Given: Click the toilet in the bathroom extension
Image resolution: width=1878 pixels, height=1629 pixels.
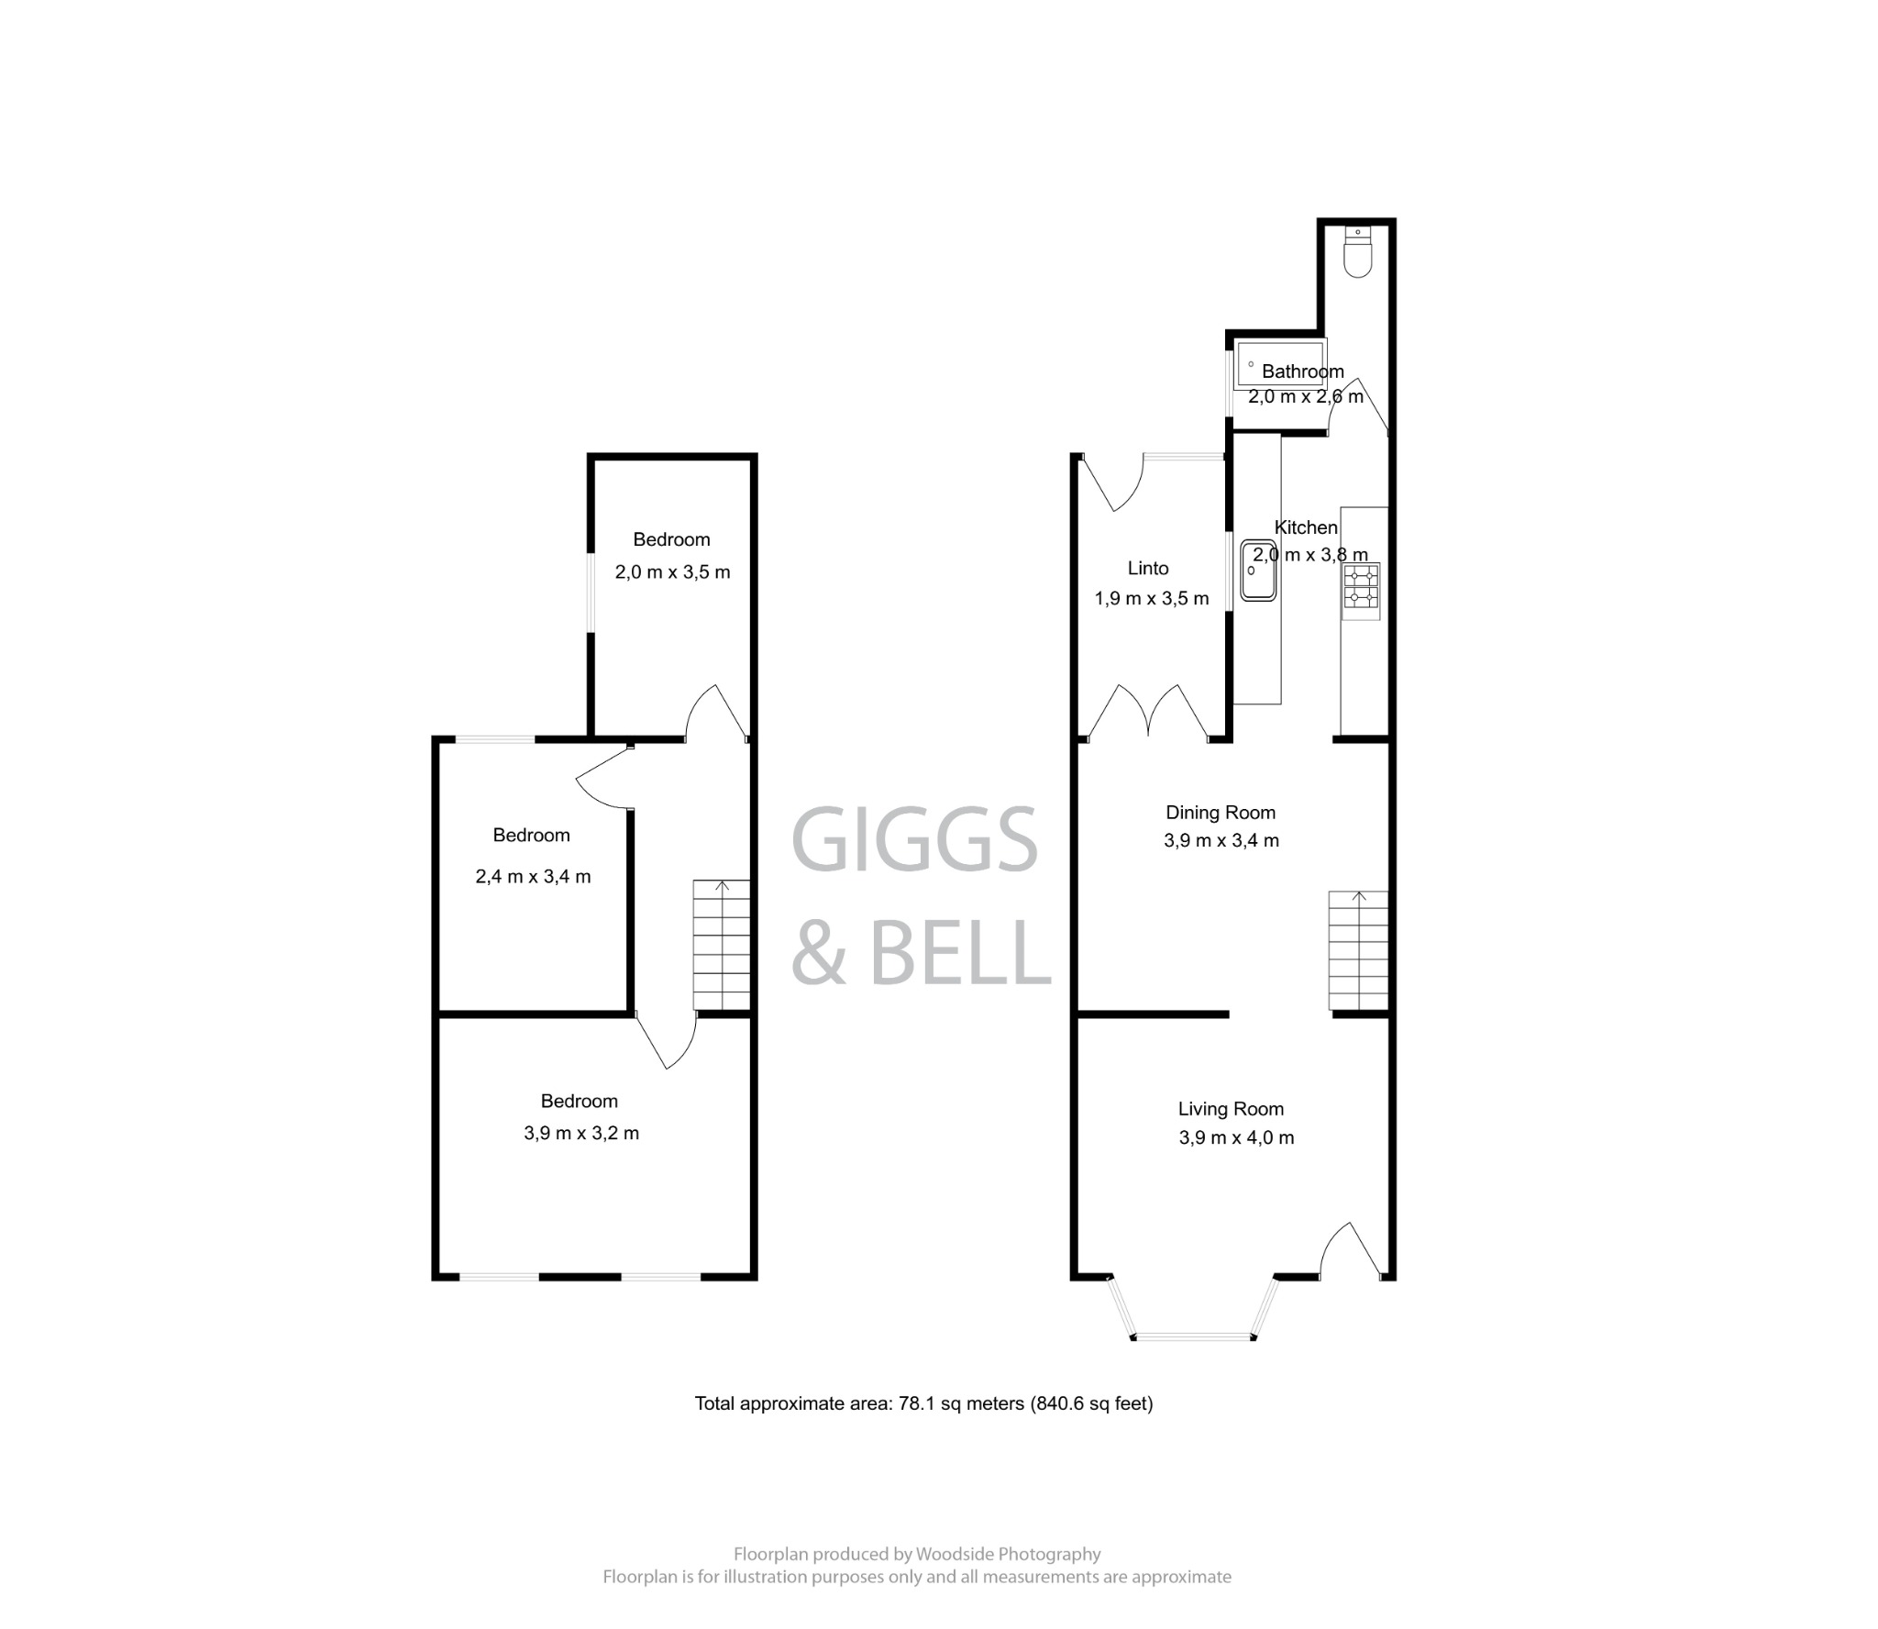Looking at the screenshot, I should pyautogui.click(x=1357, y=252).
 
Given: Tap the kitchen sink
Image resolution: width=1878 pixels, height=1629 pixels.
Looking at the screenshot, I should pyautogui.click(x=1258, y=571).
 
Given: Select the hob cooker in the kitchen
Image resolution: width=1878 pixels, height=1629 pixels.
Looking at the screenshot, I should pyautogui.click(x=1361, y=587).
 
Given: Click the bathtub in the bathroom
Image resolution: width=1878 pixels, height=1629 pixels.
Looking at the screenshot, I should pyautogui.click(x=1280, y=364).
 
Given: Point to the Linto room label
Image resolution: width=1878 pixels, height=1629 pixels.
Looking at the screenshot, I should pyautogui.click(x=1147, y=569).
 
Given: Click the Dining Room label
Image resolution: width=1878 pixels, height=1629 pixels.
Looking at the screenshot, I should pyautogui.click(x=1220, y=813).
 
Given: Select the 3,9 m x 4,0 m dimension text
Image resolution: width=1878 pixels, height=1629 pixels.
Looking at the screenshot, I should pyautogui.click(x=1236, y=1138).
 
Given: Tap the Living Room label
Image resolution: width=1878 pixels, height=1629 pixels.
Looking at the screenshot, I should pyautogui.click(x=1230, y=1109).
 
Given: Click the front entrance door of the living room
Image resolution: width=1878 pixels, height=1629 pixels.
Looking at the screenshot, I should pyautogui.click(x=1350, y=1252).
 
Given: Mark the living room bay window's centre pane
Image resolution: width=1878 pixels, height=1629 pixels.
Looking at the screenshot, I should pyautogui.click(x=1193, y=1336).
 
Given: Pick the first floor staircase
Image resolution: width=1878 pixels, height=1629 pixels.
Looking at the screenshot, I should pyautogui.click(x=722, y=945).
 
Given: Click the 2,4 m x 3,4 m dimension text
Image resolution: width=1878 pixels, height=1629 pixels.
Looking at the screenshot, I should pyautogui.click(x=533, y=877).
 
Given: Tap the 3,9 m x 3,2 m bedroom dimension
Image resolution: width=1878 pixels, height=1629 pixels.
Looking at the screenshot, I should pyautogui.click(x=581, y=1134).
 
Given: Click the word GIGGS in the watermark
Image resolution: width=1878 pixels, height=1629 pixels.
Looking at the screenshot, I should pyautogui.click(x=913, y=840).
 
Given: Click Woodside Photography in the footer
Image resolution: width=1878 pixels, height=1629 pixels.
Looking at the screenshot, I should pyautogui.click(x=1008, y=1554).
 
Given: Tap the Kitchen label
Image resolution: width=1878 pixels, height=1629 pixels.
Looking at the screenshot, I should pyautogui.click(x=1306, y=527).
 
